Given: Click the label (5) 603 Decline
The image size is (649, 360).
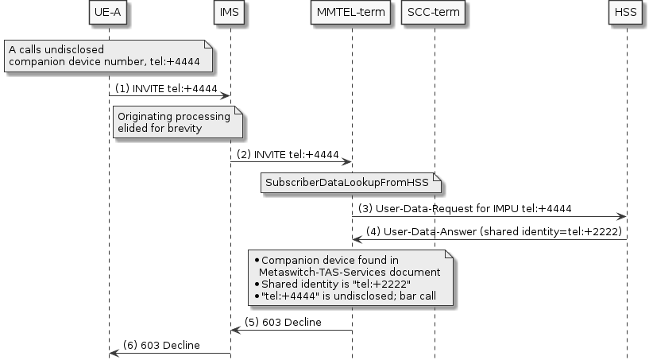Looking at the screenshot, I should (x=283, y=322).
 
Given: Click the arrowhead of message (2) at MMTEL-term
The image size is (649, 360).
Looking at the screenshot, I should (x=347, y=162).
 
